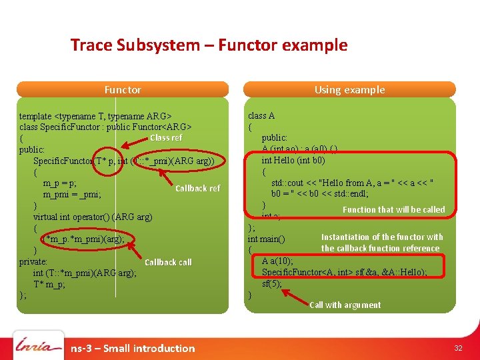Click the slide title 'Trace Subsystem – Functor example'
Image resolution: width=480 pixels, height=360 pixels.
209,45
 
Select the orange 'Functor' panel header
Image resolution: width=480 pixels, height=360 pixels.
123,89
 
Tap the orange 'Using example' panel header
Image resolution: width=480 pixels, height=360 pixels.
349,89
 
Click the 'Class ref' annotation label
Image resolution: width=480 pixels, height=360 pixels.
166,137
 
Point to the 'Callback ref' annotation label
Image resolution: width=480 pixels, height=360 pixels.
197,189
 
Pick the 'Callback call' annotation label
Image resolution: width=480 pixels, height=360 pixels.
168,263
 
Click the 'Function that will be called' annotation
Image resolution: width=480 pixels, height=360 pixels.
393,209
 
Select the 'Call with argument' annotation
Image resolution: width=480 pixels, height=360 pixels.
345,305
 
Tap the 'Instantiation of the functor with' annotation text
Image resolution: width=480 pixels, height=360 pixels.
382,237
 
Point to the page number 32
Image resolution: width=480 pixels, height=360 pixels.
458,348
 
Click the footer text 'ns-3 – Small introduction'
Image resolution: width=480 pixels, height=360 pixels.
133,348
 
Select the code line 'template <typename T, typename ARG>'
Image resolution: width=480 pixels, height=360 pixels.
95,116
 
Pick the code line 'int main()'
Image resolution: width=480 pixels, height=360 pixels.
266,239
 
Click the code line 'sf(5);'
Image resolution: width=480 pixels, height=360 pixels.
272,283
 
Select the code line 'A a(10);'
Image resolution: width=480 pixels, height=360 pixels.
277,261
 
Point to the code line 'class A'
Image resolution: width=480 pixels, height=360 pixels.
261,115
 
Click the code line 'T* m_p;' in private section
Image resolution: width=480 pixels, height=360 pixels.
49,284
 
